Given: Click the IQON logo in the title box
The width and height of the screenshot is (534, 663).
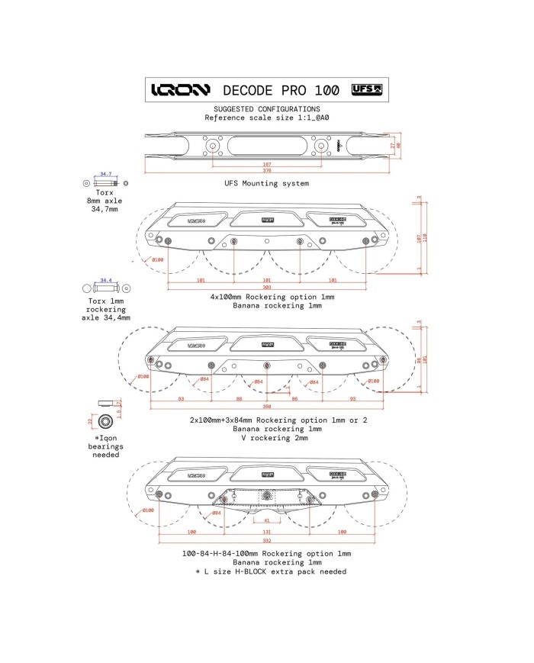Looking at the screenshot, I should tap(180, 90).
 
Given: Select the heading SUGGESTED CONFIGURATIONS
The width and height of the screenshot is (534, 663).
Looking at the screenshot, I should tap(266, 109).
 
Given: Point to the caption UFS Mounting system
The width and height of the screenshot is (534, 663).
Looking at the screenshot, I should tap(266, 184).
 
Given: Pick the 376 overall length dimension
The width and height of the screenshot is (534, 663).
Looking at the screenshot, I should tap(267, 171).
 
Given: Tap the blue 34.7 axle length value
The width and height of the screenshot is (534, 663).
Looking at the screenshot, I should tap(106, 175).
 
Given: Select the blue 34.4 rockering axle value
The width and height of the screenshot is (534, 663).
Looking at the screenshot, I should tap(106, 280).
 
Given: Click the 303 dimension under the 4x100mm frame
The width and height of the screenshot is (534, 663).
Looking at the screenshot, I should tap(266, 287).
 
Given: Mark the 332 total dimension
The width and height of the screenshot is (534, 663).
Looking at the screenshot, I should tap(266, 539).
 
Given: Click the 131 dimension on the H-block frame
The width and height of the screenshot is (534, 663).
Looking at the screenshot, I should tap(266, 531).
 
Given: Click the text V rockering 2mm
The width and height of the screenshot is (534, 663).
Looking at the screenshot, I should tap(266, 438).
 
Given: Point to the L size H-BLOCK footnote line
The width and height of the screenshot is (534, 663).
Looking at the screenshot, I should tap(271, 571).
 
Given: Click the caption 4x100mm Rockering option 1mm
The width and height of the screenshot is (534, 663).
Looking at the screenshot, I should tap(266, 297).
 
